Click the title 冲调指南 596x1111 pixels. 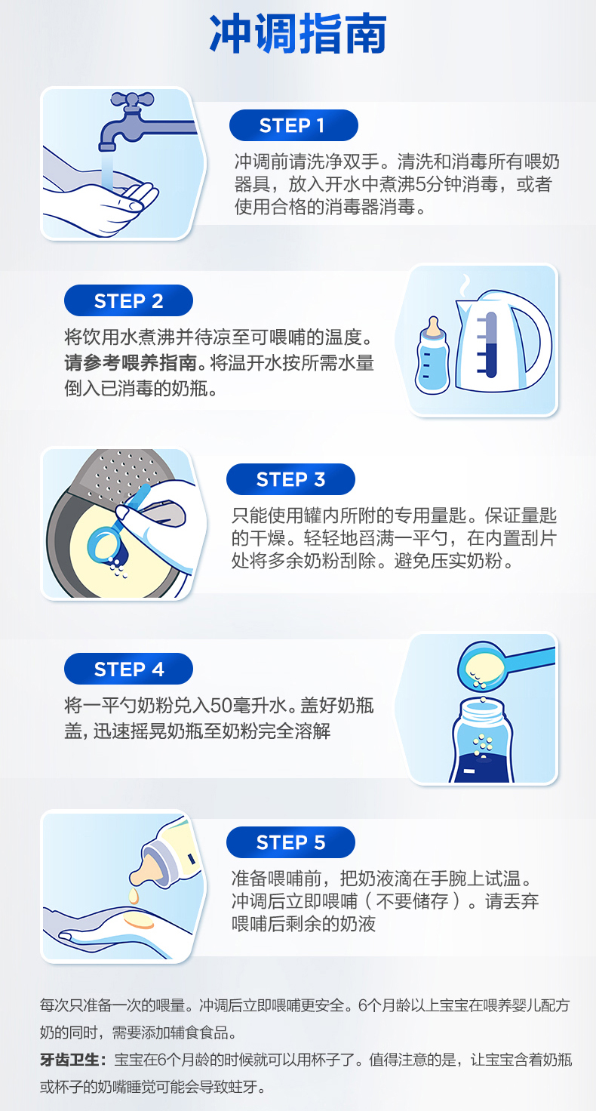(297, 34)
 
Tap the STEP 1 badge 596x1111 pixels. (293, 125)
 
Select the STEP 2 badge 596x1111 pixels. (128, 300)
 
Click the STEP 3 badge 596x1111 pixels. (290, 479)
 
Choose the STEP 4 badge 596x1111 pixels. (128, 669)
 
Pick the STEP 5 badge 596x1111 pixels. (290, 842)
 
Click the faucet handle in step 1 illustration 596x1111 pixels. (132, 99)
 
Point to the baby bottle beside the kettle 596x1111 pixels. (432, 355)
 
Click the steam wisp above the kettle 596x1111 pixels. (465, 285)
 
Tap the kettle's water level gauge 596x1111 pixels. (490, 345)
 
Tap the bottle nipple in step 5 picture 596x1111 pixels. (147, 872)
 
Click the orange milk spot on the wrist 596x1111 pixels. (139, 923)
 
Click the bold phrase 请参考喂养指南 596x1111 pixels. (131, 363)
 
